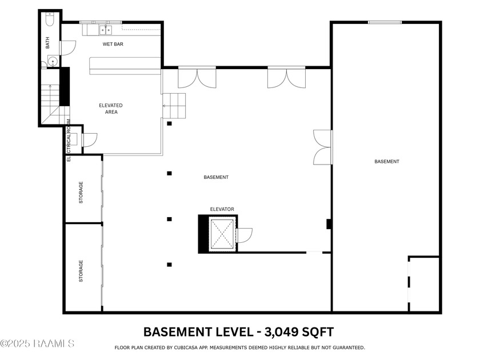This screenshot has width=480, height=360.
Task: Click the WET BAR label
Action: click(x=113, y=44)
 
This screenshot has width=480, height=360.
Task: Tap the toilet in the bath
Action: click(x=50, y=21)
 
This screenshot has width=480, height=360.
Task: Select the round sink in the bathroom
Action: click(x=52, y=62)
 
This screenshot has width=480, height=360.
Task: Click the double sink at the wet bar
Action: click(x=106, y=30)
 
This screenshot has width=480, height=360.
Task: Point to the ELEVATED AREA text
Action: click(x=111, y=109)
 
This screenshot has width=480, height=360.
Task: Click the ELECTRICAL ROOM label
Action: click(x=69, y=140)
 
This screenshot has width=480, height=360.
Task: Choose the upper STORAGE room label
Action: click(x=81, y=193)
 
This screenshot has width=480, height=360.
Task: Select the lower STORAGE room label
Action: click(x=81, y=271)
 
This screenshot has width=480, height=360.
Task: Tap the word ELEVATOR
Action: click(x=222, y=209)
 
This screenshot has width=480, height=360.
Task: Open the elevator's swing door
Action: click(x=244, y=235)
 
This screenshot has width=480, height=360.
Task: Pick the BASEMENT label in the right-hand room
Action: click(x=387, y=162)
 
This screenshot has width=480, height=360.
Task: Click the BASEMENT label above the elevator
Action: click(x=216, y=177)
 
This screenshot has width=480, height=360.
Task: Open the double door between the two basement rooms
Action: click(x=323, y=147)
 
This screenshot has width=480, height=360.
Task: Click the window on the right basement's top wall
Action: click(x=384, y=22)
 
